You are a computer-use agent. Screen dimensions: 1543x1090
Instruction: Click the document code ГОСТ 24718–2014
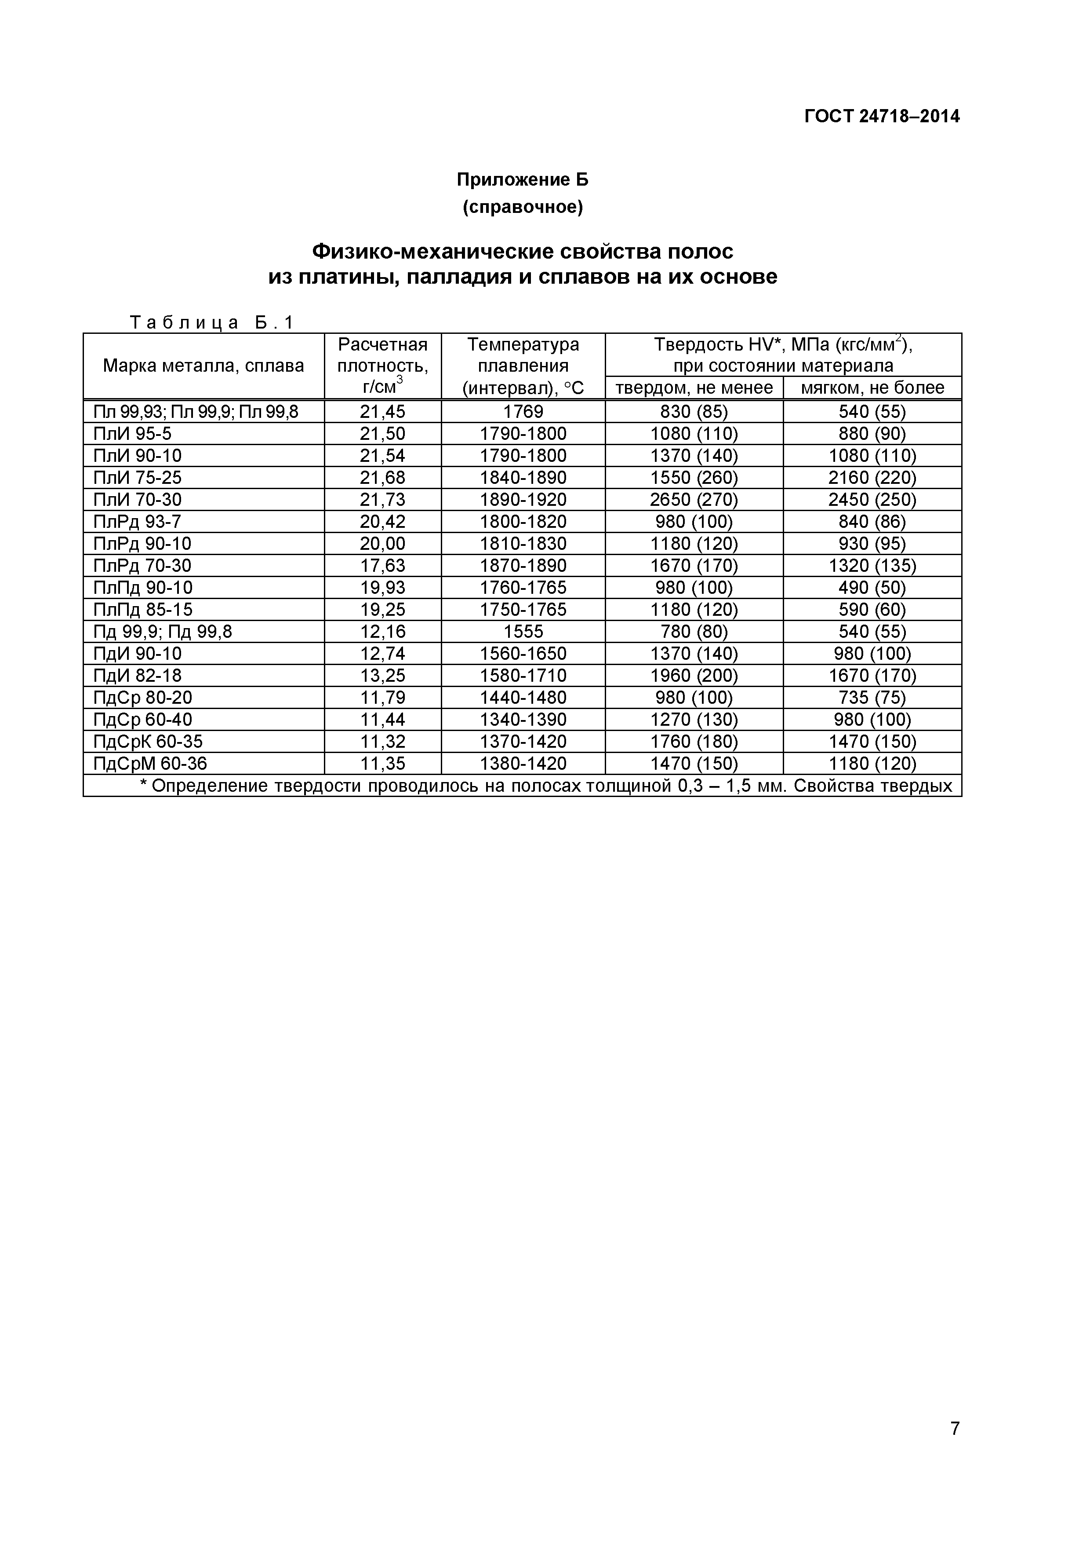(x=882, y=117)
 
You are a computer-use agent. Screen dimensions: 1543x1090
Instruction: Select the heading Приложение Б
(x=523, y=180)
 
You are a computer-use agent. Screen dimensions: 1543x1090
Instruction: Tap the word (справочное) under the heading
(x=523, y=208)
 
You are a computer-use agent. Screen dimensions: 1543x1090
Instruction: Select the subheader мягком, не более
(x=872, y=388)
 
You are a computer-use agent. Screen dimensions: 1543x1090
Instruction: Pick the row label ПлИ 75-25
(x=138, y=478)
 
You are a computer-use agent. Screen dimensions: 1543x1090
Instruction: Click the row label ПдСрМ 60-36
(x=150, y=764)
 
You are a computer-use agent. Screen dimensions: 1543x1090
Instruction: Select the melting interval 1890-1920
(x=523, y=500)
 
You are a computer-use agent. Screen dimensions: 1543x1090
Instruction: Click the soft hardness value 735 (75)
(x=872, y=698)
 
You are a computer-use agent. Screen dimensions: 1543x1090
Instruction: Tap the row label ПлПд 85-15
(x=143, y=610)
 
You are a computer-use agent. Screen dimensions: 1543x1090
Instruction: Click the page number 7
(x=954, y=1448)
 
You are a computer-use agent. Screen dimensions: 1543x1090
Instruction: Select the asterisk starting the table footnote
(x=143, y=784)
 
